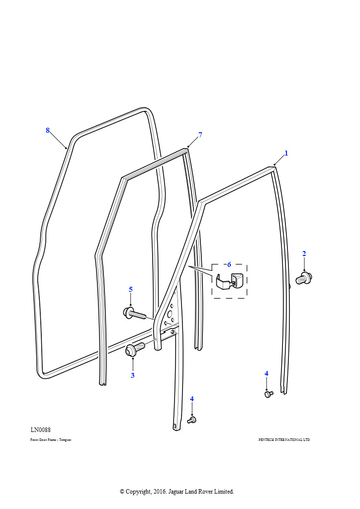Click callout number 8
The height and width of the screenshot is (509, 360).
click(48, 130)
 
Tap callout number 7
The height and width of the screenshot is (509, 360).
click(200, 135)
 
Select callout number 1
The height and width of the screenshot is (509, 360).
click(286, 153)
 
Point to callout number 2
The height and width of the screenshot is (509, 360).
click(304, 254)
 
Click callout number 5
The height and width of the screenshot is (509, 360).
click(131, 289)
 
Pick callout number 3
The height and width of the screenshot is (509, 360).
click(132, 375)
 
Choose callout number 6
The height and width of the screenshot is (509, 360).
click(229, 264)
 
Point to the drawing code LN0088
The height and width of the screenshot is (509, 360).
click(41, 430)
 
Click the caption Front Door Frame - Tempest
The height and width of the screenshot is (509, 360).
click(51, 440)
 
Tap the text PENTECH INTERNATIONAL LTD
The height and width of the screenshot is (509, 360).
click(284, 440)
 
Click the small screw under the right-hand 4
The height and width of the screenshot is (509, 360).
click(269, 394)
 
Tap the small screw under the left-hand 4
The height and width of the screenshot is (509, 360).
click(192, 421)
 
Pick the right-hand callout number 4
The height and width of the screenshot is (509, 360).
click(266, 373)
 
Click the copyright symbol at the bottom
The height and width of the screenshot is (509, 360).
click(122, 492)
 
